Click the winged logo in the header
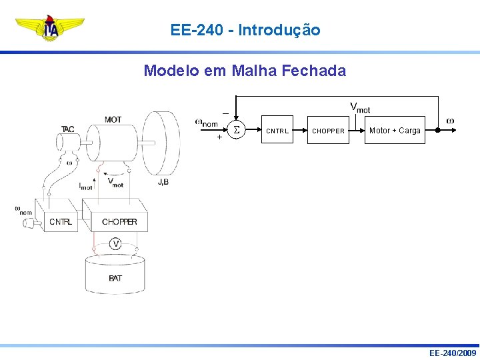[50, 29]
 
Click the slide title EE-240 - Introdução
[245, 30]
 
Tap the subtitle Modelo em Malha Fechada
[245, 70]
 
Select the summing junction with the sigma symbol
[236, 131]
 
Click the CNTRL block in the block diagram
[277, 131]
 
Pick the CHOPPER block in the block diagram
[329, 131]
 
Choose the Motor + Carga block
[395, 131]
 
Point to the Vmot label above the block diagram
[360, 107]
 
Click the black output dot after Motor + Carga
[437, 131]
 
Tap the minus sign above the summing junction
[225, 113]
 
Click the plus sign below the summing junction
[219, 138]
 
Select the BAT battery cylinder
[115, 275]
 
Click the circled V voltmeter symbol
[116, 244]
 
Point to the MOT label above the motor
[113, 120]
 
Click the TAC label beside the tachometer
[68, 129]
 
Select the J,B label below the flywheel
[163, 182]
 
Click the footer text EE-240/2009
[453, 352]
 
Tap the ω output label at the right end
[450, 121]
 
